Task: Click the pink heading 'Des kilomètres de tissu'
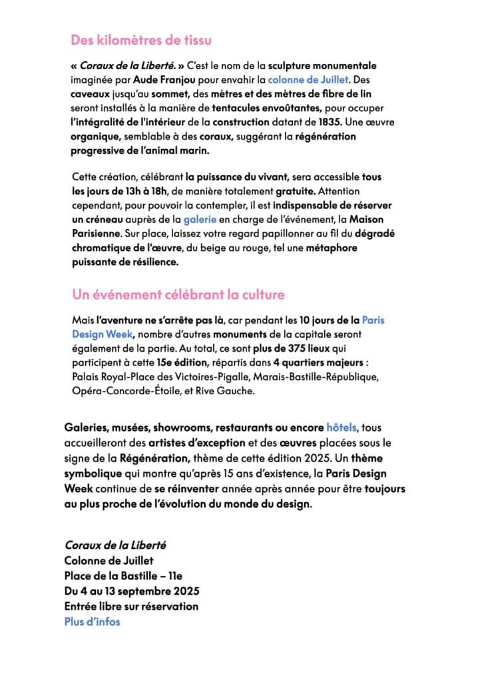[x=141, y=40]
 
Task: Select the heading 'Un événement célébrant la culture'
[x=178, y=294]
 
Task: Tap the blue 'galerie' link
[x=200, y=219]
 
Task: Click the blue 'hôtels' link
[x=342, y=427]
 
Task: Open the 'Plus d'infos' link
[x=93, y=621]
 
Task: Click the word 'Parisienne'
[x=96, y=234]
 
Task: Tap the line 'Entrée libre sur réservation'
[x=131, y=606]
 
